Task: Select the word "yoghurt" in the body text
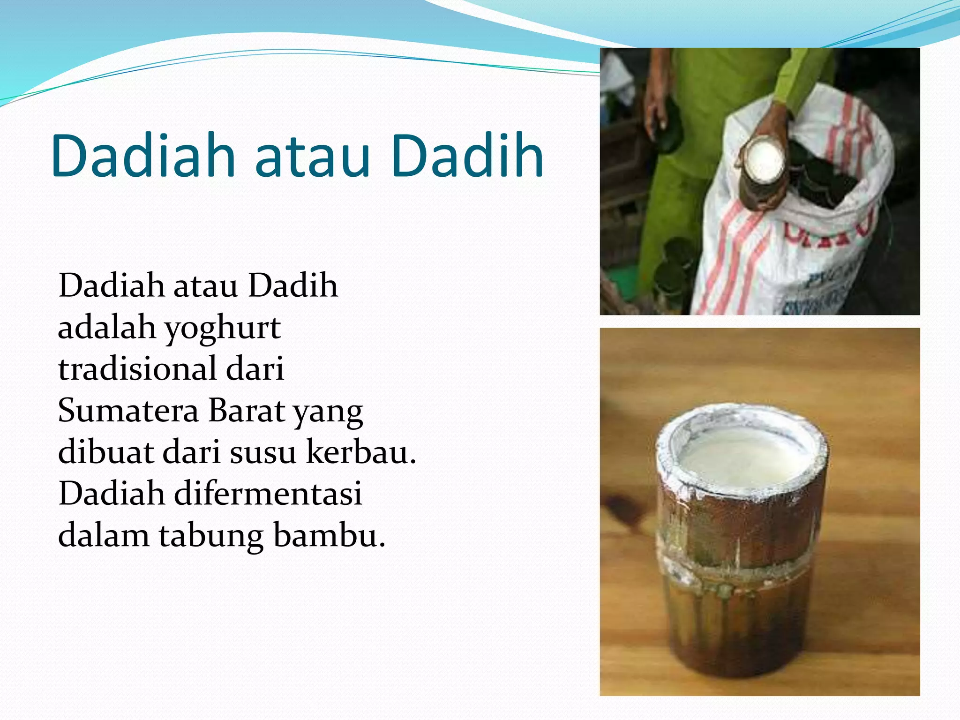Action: tap(223, 328)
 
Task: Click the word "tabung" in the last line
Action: tap(211, 536)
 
